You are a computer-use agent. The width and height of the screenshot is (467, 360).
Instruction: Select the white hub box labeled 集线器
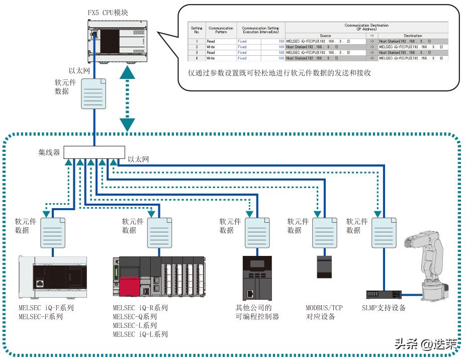pos(95,152)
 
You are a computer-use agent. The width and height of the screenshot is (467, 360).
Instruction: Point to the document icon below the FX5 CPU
pos(94,93)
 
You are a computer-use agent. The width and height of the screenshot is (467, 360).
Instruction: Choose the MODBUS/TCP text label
pos(325,308)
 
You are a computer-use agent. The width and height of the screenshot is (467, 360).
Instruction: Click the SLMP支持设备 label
pos(384,308)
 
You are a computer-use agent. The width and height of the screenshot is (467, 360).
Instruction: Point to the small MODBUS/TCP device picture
pos(324,266)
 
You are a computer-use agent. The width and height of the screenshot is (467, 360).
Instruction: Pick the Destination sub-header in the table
pos(412,36)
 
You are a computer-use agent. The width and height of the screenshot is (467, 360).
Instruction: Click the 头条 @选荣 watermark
pos(425,344)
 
